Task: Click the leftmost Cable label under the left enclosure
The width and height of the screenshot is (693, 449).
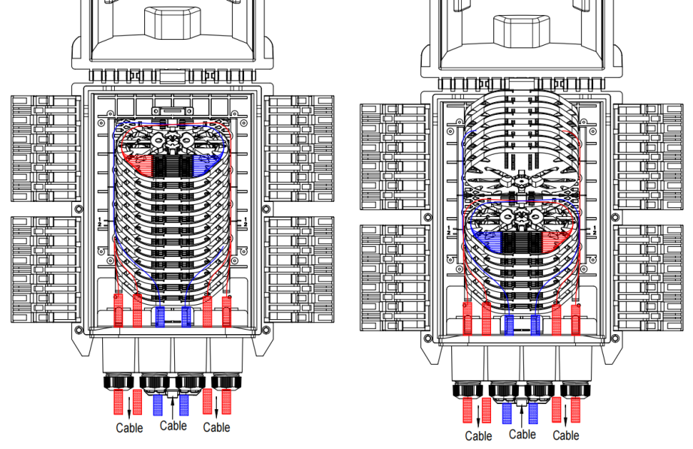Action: pos(129,428)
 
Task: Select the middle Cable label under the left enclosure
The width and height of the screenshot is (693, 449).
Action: pos(173,426)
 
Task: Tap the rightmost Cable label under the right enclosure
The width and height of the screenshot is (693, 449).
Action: pos(566,436)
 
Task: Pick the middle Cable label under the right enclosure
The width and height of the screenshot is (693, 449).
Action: pos(523,434)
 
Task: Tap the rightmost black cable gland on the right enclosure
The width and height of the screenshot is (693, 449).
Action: pos(573,390)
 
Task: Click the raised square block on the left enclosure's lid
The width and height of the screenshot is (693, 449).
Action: pos(173,22)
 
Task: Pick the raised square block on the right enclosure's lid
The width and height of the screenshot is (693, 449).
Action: pos(522,28)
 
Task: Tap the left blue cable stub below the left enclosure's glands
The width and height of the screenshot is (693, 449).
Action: pos(158,405)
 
